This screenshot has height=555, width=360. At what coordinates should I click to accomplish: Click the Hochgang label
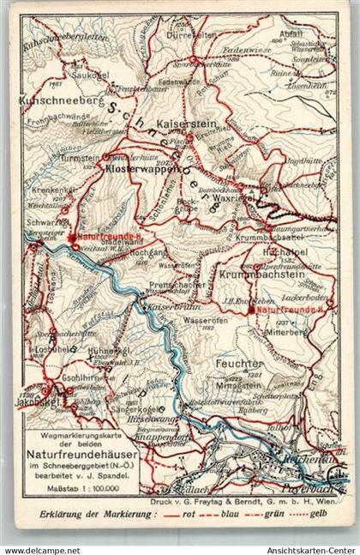tap(143, 255)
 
